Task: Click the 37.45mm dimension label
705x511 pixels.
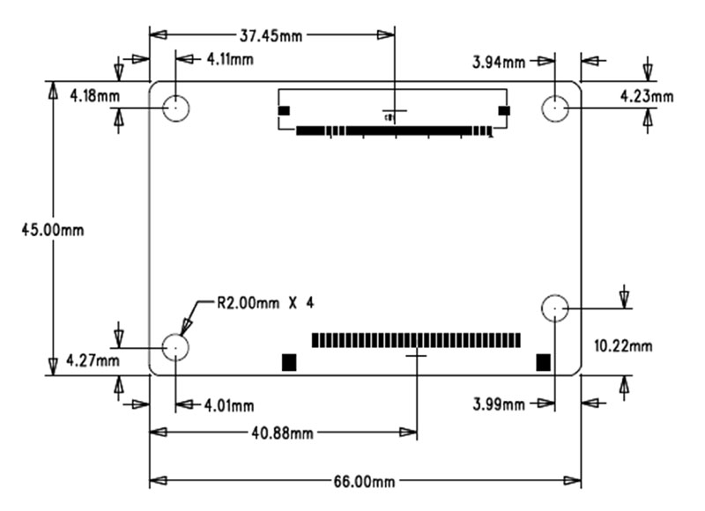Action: [x=271, y=36]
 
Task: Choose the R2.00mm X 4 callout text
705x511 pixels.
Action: [x=264, y=303]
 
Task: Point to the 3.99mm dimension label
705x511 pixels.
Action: [x=500, y=404]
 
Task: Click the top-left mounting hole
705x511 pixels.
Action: [x=177, y=108]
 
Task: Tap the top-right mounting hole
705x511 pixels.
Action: [x=554, y=108]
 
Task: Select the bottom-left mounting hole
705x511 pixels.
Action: [x=176, y=346]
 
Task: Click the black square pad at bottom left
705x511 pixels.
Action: [x=289, y=362]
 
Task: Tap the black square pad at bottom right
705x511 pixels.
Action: [x=544, y=361]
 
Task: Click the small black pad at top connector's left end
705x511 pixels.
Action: [x=284, y=111]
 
